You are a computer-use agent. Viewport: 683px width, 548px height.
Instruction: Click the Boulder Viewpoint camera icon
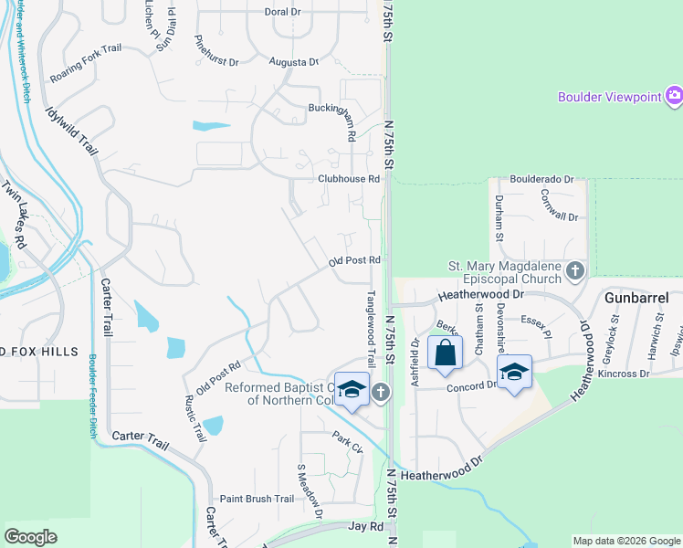(674, 96)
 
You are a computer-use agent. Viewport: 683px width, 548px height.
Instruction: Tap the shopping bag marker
(444, 353)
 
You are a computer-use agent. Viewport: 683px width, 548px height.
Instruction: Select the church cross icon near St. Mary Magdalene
(575, 271)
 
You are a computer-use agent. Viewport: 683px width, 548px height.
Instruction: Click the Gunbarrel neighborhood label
(636, 298)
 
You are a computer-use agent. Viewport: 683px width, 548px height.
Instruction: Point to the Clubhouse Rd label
(348, 179)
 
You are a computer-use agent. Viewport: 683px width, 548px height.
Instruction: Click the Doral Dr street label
(282, 12)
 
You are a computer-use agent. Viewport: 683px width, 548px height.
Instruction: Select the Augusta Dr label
(293, 62)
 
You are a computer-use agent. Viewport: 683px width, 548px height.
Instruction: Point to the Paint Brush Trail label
(257, 499)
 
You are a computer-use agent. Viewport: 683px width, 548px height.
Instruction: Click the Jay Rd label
(365, 527)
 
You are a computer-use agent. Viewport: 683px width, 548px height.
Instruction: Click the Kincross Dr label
(625, 374)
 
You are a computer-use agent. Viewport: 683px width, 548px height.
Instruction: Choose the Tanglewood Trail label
(372, 329)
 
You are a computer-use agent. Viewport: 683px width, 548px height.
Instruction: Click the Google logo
(31, 537)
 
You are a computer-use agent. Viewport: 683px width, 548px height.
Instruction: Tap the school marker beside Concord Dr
(514, 372)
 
